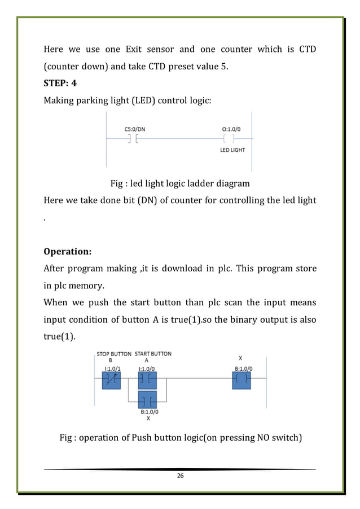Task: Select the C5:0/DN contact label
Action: click(135, 128)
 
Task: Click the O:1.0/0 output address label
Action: click(232, 128)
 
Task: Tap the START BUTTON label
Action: click(152, 354)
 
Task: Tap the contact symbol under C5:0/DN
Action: click(133, 139)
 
